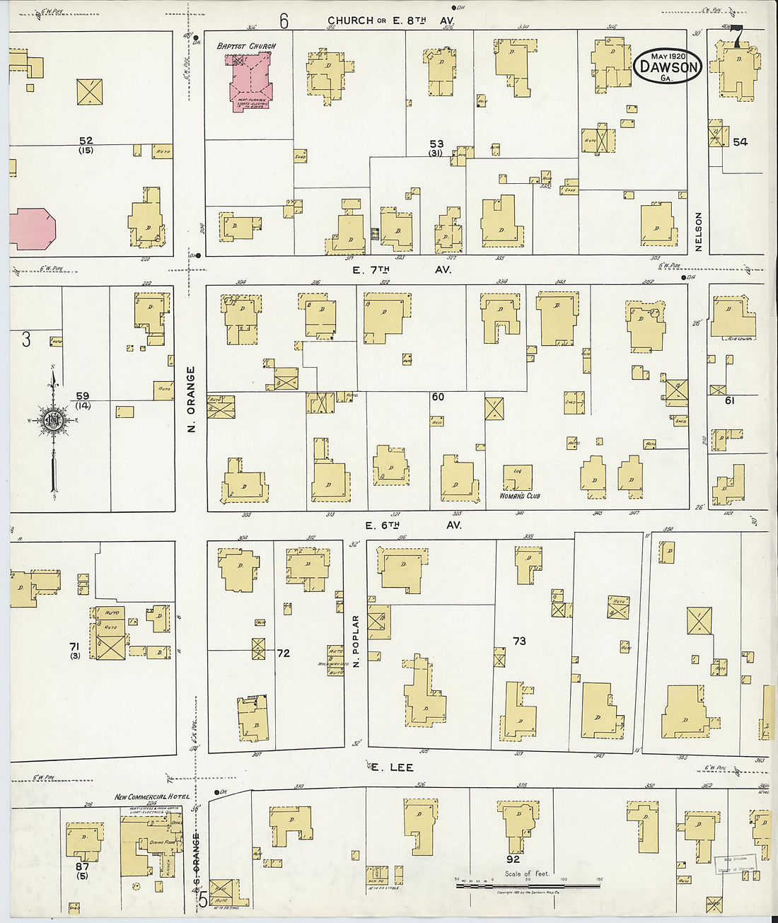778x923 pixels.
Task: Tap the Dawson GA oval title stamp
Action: click(667, 66)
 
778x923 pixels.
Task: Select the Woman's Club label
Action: click(520, 496)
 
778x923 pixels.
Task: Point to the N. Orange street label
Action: click(190, 400)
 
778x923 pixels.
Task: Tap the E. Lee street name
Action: click(392, 767)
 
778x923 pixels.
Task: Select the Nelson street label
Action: click(699, 232)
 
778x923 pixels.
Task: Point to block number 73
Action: click(519, 641)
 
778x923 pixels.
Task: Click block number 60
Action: click(438, 397)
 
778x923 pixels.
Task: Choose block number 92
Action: click(513, 859)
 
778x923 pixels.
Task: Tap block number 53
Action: click(436, 144)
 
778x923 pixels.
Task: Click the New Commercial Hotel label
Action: click(152, 796)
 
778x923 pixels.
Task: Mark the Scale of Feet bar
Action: click(528, 885)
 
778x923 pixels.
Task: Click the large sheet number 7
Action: click(737, 35)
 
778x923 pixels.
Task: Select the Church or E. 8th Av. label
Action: click(390, 21)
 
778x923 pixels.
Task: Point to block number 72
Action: click(283, 653)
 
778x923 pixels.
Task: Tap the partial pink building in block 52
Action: click(32, 228)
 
